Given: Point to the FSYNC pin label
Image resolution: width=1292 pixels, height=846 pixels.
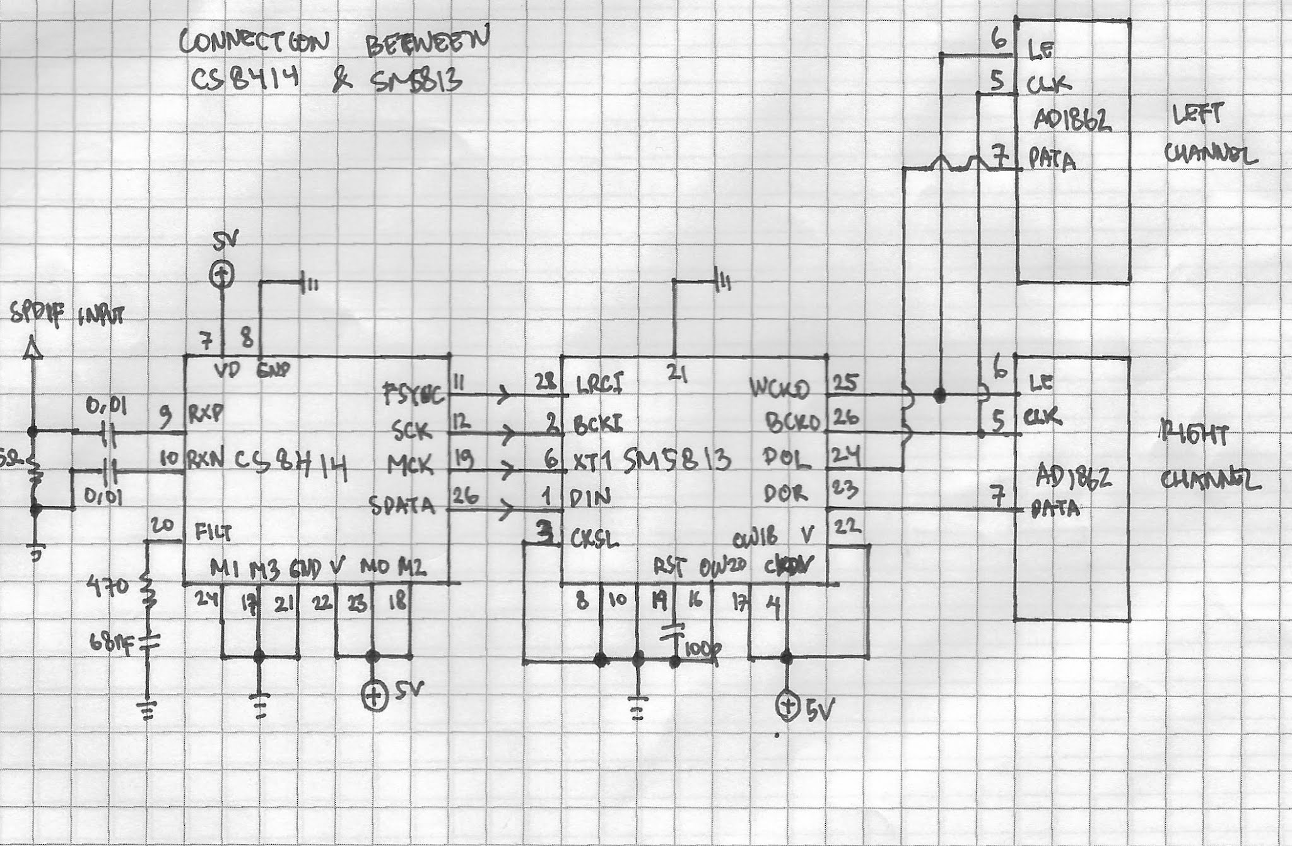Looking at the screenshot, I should (x=414, y=395).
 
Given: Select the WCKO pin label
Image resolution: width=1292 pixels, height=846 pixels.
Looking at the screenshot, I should (x=780, y=388).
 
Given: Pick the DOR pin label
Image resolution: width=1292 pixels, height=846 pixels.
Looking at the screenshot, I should (x=785, y=494).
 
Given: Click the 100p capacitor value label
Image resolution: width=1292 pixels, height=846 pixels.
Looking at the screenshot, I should (x=702, y=648).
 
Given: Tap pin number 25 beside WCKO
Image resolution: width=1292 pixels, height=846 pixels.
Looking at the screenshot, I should (x=846, y=382).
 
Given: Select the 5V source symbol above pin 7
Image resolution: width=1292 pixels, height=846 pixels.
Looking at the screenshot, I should (x=221, y=274).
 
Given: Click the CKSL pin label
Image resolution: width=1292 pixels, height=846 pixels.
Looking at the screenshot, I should (x=594, y=540).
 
